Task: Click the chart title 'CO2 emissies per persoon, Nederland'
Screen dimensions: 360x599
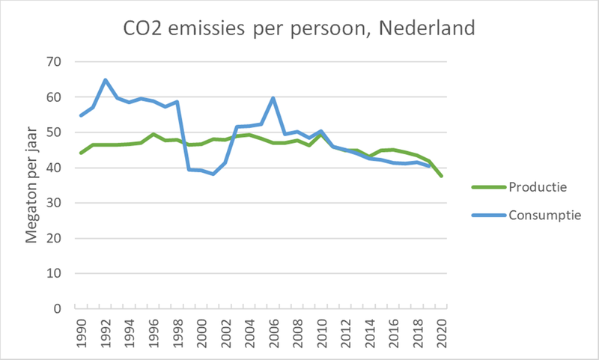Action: click(x=299, y=30)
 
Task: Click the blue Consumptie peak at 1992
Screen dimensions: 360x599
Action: click(x=106, y=80)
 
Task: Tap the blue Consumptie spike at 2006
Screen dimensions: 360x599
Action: click(x=273, y=98)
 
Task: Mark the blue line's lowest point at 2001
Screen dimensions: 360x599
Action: click(x=213, y=174)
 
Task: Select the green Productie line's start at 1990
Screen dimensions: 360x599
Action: click(x=82, y=153)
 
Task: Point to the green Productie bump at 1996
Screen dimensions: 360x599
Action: click(x=153, y=135)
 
